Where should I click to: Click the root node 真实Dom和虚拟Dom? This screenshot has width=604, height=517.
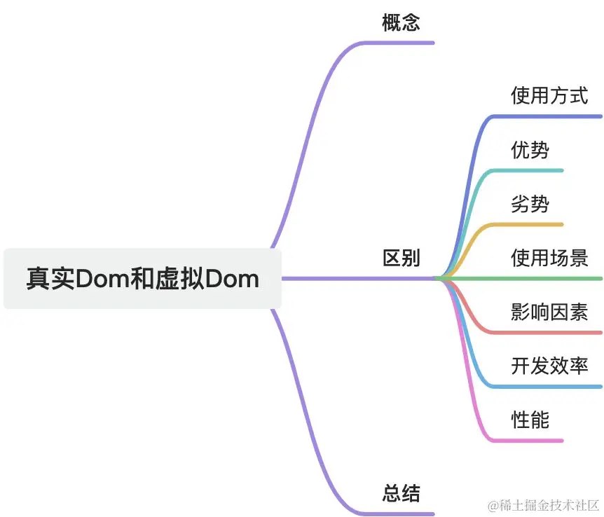(142, 279)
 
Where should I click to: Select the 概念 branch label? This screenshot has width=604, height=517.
(401, 22)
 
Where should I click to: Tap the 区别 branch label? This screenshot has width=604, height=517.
(401, 258)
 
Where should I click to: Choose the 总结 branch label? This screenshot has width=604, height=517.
(401, 493)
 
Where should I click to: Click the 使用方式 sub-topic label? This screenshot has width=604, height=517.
(549, 96)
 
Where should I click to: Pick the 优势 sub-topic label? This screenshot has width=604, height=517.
(530, 150)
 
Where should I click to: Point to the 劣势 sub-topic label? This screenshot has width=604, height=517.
(530, 204)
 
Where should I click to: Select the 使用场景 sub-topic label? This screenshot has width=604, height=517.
(549, 258)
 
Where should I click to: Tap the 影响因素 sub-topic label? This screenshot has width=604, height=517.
(549, 312)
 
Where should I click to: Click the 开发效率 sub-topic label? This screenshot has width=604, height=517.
(549, 366)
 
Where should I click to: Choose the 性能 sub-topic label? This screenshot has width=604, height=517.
(530, 420)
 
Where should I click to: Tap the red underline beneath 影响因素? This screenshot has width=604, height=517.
(547, 333)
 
